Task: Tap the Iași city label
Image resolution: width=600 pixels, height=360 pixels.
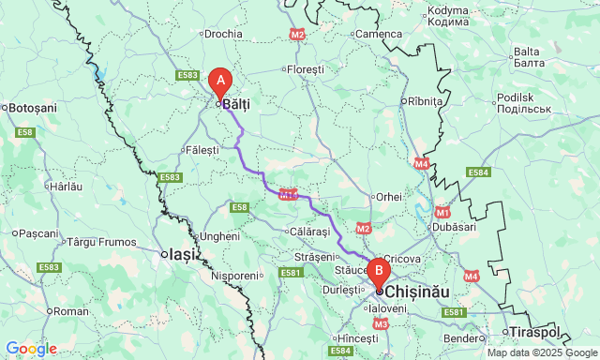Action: pyautogui.click(x=180, y=254)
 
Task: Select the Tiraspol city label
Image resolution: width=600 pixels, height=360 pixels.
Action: pyautogui.click(x=534, y=332)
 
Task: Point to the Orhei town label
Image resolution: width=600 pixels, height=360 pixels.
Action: pyautogui.click(x=388, y=197)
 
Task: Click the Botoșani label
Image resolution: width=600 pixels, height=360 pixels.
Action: pyautogui.click(x=33, y=108)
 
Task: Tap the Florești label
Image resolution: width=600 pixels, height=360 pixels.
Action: pyautogui.click(x=306, y=70)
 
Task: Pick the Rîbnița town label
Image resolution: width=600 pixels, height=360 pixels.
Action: pyautogui.click(x=423, y=101)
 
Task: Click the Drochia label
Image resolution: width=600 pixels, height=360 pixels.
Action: pyautogui.click(x=223, y=34)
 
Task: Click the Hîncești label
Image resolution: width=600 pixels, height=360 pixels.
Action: pyautogui.click(x=357, y=337)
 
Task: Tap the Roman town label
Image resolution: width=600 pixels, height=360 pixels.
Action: pyautogui.click(x=71, y=311)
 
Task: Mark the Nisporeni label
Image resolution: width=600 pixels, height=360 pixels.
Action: pyautogui.click(x=234, y=277)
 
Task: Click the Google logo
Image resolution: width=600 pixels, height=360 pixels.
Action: pyautogui.click(x=30, y=349)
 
